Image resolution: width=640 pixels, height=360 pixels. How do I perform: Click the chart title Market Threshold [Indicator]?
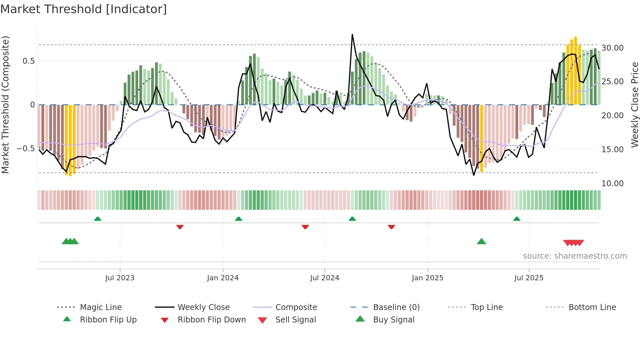click(84, 9)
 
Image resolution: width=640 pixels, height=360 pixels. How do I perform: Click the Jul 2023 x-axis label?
click(120, 278)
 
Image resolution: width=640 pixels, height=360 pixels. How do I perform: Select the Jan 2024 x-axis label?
click(223, 278)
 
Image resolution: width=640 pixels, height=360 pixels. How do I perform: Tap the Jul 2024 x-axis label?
click(325, 278)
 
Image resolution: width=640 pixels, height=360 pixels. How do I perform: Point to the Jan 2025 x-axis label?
click(427, 278)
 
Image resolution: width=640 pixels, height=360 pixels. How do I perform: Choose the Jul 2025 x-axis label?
click(529, 278)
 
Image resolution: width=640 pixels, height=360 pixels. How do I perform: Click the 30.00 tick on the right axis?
click(613, 48)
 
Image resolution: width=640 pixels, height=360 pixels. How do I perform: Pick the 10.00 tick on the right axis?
click(613, 183)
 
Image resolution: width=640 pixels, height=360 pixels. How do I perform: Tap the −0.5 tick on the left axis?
click(25, 148)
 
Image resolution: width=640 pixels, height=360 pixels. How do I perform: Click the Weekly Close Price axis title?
click(634, 105)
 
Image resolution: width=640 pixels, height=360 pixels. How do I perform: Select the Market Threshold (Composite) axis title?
click(5, 105)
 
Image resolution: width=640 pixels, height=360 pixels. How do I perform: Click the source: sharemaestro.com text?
click(575, 256)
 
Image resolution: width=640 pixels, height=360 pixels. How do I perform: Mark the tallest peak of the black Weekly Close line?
click(352, 35)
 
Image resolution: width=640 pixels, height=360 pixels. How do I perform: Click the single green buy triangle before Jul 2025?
click(481, 241)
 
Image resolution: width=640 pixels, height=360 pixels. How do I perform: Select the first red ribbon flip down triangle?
click(180, 227)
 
